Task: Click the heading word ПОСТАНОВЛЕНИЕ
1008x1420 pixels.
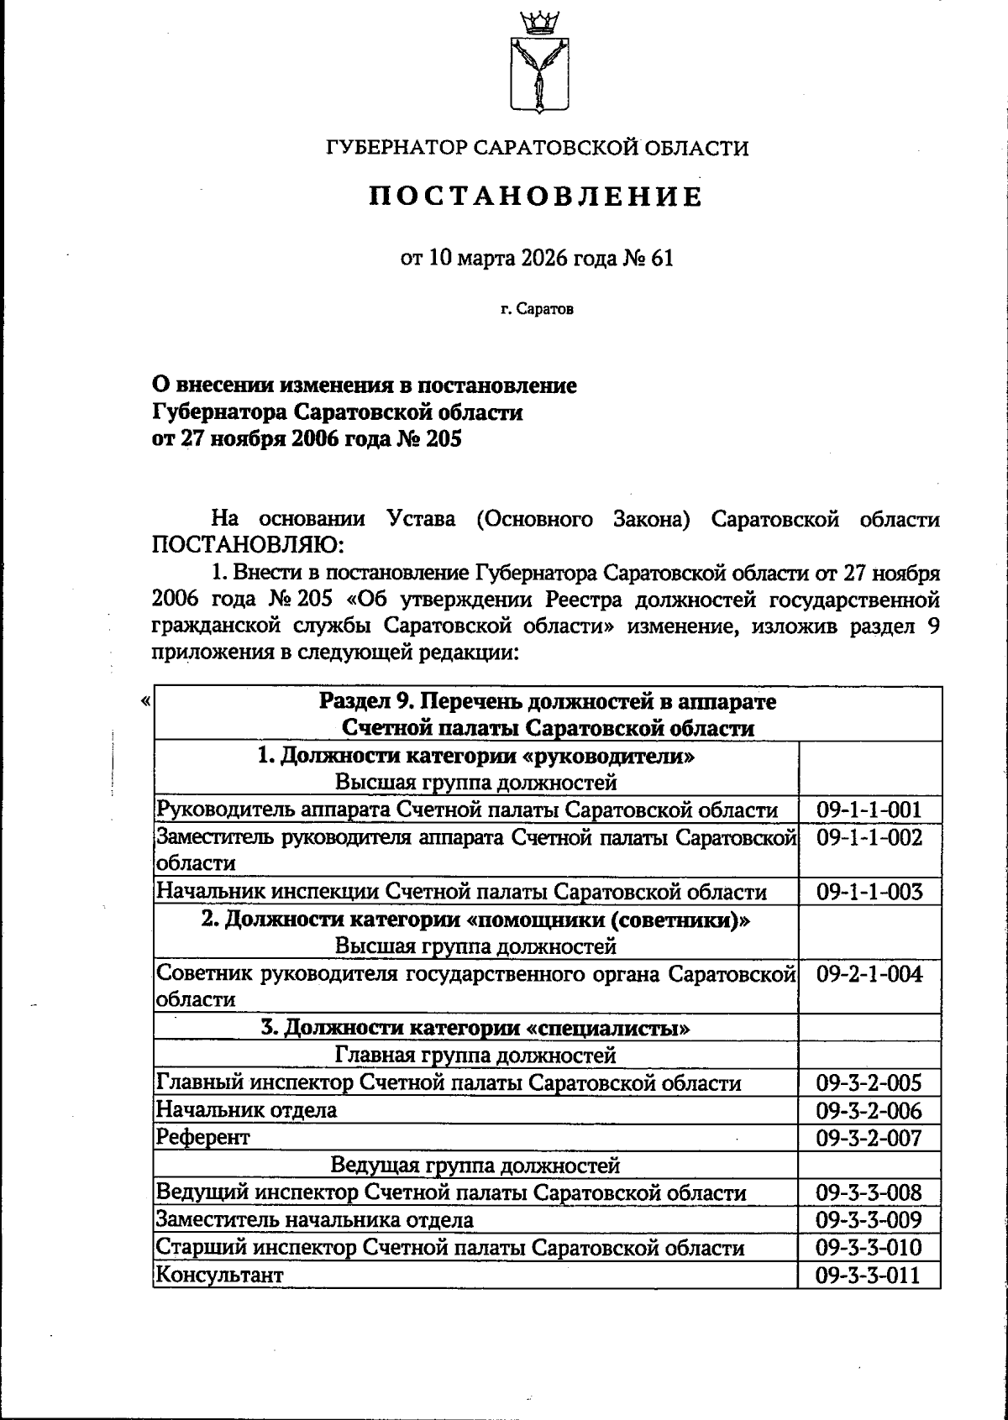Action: (537, 196)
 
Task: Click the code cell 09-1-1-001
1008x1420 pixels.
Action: (869, 810)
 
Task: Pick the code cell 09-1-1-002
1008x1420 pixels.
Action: (869, 837)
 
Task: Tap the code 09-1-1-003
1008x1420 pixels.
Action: (869, 892)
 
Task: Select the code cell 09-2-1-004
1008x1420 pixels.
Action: (869, 974)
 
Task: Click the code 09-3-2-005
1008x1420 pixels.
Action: (869, 1083)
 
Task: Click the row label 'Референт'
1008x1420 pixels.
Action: (203, 1138)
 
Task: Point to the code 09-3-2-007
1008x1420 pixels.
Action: (869, 1138)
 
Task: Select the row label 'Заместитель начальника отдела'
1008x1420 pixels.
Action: (315, 1219)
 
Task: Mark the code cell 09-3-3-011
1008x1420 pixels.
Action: (869, 1275)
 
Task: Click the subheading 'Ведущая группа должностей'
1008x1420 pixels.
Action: (475, 1166)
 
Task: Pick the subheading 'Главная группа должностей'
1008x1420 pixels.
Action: (475, 1055)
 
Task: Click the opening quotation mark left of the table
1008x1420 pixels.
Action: (146, 700)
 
